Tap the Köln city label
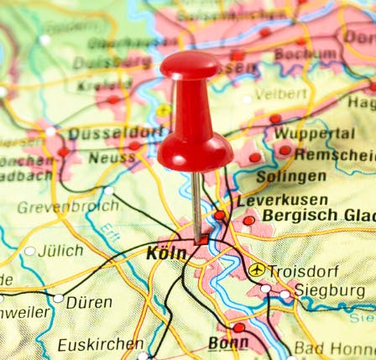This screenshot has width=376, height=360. pos(166,253)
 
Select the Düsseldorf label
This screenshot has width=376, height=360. pos(115,133)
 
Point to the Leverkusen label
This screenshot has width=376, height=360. pos(281,201)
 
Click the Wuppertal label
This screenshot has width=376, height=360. pos(314,133)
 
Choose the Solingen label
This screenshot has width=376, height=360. pos(290,177)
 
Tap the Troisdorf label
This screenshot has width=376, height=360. pos(304,271)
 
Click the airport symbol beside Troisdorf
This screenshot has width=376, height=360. pos(257,270)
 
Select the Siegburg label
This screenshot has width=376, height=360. pos(328,291)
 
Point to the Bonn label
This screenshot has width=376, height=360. pos(228,343)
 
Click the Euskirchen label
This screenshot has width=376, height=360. pos(101,344)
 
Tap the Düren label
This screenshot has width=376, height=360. pos(89,302)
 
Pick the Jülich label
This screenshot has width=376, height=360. pos(61,250)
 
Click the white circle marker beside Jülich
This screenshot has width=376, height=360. pos(30,251)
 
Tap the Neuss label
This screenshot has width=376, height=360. pos(112,158)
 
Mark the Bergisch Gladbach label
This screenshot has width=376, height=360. pos(318,216)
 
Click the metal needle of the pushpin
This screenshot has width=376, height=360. pos(196,206)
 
